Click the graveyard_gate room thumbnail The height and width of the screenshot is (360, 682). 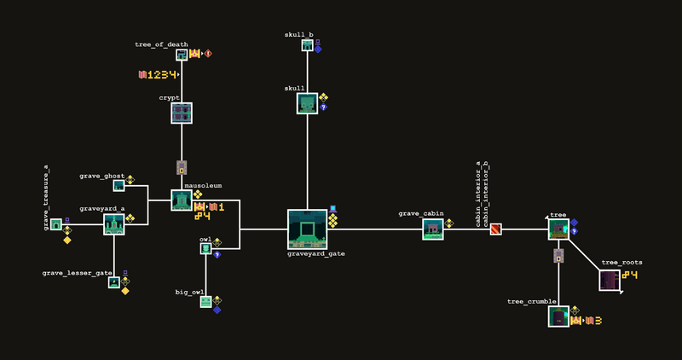307,229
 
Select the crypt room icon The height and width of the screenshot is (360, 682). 182,113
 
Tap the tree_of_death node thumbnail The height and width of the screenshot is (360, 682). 182,55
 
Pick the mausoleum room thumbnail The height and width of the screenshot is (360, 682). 182,200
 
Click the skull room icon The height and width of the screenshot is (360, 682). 307,103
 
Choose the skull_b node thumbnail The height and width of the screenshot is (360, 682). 307,45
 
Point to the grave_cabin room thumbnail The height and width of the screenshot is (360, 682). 433,229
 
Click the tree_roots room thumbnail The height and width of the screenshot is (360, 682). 610,280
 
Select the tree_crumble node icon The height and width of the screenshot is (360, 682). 558,316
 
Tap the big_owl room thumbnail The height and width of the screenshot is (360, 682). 205,301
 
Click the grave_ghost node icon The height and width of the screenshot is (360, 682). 118,186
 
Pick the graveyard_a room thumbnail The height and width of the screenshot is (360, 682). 114,224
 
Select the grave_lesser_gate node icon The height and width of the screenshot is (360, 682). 113,282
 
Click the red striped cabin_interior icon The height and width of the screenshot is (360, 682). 495,229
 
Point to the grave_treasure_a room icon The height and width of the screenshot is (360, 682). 55,224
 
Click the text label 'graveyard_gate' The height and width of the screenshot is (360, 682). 315,253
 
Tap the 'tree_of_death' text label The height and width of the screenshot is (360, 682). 161,44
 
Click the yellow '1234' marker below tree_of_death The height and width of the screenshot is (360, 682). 159,75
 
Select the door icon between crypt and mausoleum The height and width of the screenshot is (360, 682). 182,167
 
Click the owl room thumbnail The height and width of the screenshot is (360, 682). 205,249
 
